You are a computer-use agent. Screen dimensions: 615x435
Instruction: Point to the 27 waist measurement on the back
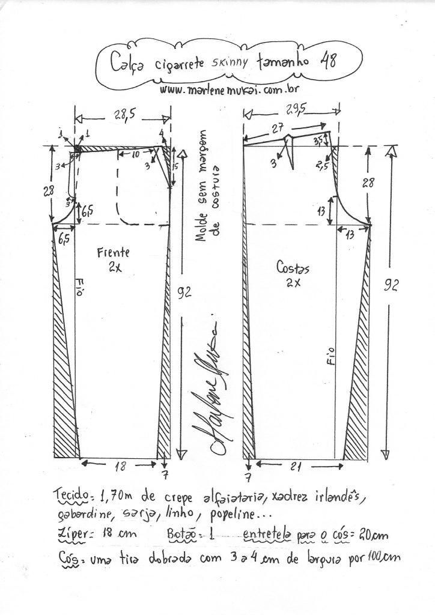[278, 128]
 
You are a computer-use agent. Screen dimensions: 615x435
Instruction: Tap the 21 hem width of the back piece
[295, 467]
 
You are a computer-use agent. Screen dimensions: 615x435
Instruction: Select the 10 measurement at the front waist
[135, 155]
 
